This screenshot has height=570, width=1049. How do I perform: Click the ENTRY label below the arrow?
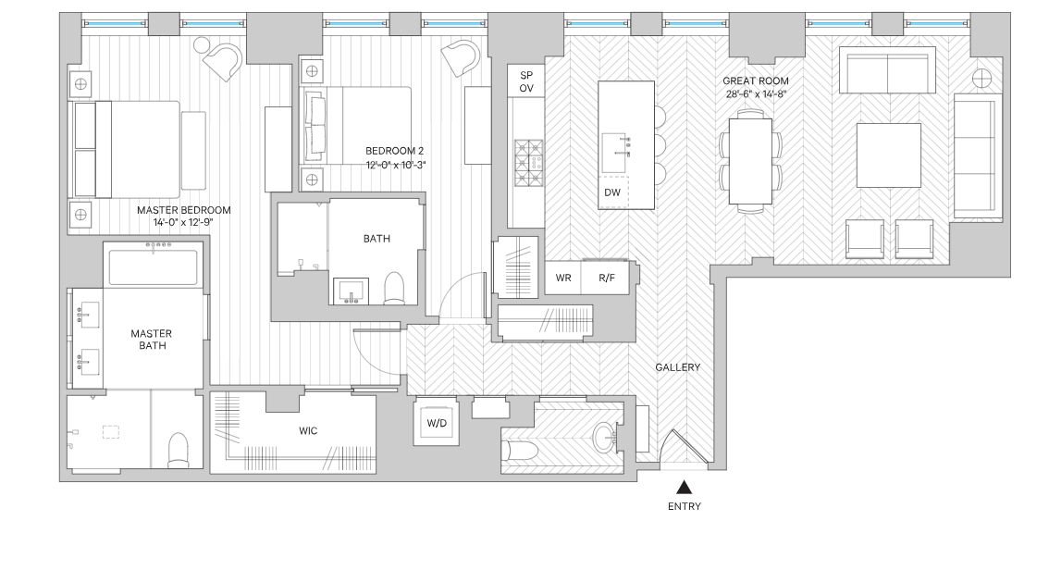point(684,506)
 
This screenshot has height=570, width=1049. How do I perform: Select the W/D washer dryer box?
point(435,423)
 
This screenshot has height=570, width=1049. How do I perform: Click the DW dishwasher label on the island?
point(611,192)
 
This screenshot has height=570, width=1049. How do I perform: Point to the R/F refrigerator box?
point(607,279)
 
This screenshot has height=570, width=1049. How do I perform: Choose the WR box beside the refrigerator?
point(563,279)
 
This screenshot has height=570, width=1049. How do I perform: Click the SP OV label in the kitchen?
point(526,81)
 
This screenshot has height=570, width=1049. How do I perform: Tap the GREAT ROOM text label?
point(756,81)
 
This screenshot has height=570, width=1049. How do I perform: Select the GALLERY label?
point(677,367)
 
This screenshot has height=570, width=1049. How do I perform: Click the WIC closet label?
point(308,431)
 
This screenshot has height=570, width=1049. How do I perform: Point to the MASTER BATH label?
point(152,340)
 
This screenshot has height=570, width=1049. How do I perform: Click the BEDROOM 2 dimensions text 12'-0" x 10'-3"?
point(395,165)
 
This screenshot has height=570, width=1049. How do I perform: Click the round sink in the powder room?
point(605,436)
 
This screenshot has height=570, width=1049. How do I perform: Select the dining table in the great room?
point(750,161)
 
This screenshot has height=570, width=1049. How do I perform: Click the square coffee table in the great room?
point(888,154)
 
